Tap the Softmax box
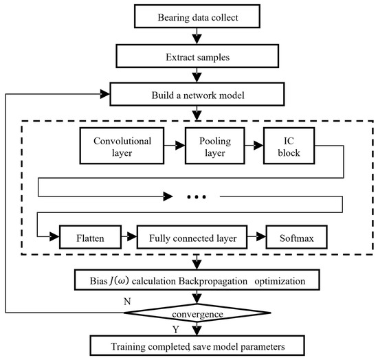click(296, 239)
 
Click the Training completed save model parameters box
click(198, 344)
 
